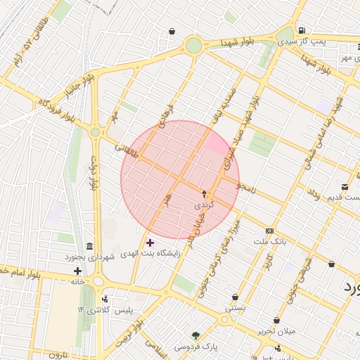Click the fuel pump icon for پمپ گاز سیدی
[301, 30]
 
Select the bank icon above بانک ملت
[270, 231]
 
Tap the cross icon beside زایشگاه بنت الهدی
[150, 243]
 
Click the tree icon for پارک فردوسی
[195, 335]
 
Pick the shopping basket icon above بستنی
[235, 297]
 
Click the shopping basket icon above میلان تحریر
[277, 320]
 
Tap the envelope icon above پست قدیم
[345, 186]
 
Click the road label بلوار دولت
[93, 172]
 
